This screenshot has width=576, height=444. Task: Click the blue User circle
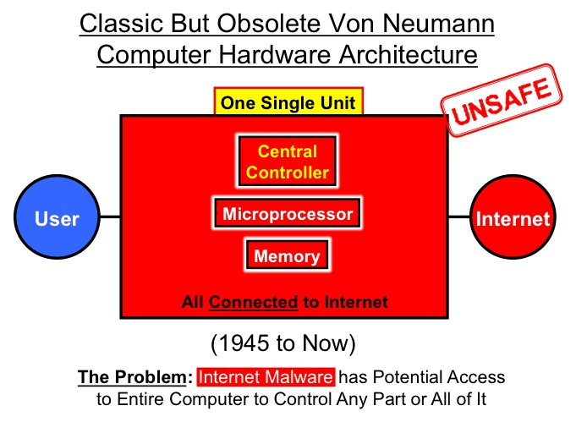pyautogui.click(x=57, y=218)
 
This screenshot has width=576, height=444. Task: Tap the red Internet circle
pyautogui.click(x=512, y=218)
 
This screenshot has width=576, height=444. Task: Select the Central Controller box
pyautogui.click(x=287, y=162)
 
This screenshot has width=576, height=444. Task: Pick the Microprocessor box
pyautogui.click(x=287, y=214)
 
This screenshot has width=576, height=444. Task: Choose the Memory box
pyautogui.click(x=287, y=255)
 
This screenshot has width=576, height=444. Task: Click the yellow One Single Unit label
pyautogui.click(x=288, y=104)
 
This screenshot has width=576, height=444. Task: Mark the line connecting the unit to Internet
pyautogui.click(x=458, y=217)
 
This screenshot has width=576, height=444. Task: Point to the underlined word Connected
pyautogui.click(x=254, y=302)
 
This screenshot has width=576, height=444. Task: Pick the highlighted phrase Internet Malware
pyautogui.click(x=266, y=377)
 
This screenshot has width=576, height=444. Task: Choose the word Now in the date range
pyautogui.click(x=332, y=343)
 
